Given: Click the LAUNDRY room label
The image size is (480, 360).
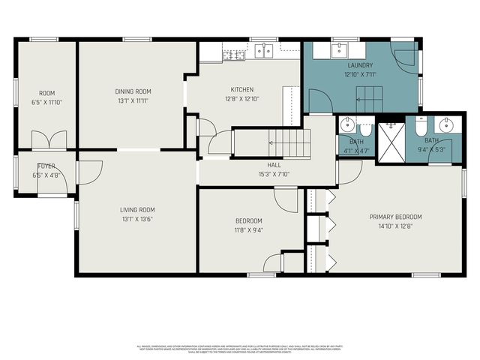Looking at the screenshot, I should (x=360, y=65).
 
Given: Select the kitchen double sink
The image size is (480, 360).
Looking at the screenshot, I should (x=263, y=51).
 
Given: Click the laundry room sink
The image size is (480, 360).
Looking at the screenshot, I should (x=338, y=50).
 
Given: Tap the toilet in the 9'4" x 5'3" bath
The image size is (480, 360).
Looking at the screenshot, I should (x=421, y=126).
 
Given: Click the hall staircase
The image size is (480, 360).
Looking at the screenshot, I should (x=289, y=142).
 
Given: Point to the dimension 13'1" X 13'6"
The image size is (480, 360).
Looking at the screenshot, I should (x=137, y=219).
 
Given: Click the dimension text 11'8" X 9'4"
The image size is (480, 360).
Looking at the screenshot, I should (x=249, y=230).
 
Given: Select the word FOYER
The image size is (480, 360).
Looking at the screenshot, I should (x=46, y=166).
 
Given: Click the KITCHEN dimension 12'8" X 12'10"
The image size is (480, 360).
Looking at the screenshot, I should (x=242, y=98).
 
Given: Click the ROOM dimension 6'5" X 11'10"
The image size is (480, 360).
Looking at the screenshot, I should (x=46, y=102).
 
